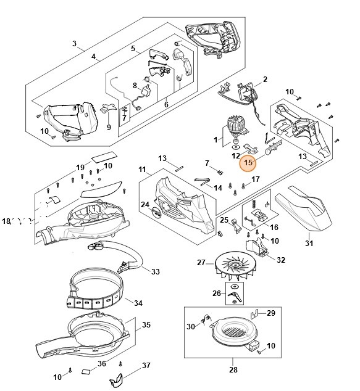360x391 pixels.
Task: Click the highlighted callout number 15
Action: (x=248, y=163)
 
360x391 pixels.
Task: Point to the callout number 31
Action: (x=309, y=243)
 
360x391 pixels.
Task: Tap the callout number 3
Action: (x=74, y=44)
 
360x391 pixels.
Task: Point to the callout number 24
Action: (x=145, y=205)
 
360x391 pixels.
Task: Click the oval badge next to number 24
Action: (x=158, y=211)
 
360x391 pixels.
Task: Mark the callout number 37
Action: (x=146, y=366)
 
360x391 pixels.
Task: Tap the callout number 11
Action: (x=142, y=169)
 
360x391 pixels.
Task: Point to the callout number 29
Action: (x=270, y=314)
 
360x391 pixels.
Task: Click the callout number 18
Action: (x=7, y=221)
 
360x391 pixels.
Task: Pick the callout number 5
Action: (x=133, y=49)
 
